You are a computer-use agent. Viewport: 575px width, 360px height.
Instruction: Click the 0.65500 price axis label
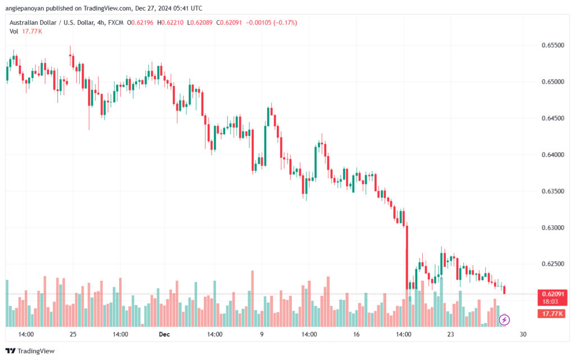point(553,45)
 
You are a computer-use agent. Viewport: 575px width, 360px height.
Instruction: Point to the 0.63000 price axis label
point(553,227)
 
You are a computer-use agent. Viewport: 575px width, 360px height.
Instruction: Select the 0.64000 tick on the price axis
point(553,154)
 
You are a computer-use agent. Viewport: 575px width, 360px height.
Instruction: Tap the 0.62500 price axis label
point(553,264)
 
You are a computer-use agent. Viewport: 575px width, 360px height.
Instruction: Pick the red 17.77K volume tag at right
point(552,314)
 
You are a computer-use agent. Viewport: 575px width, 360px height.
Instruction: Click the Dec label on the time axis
point(165,334)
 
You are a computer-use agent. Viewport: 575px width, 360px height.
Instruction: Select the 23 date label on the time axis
point(450,334)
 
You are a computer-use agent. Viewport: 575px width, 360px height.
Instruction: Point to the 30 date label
point(523,334)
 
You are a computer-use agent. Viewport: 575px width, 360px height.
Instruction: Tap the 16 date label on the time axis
point(356,334)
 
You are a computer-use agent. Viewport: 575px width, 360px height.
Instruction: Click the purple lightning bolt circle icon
point(504,320)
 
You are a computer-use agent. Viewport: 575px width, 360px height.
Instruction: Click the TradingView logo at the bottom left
point(30,351)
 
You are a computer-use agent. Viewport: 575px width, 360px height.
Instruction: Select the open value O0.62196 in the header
point(140,22)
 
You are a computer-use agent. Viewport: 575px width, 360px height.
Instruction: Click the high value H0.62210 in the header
point(170,22)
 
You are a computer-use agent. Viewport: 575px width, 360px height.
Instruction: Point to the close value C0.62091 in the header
point(229,22)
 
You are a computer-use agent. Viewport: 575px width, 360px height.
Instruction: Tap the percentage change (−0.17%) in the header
point(285,22)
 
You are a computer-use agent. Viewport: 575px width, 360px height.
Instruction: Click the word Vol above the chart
point(14,31)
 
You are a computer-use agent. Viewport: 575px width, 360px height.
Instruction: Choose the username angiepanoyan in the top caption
point(25,8)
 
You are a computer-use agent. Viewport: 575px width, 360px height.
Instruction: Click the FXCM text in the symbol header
point(116,22)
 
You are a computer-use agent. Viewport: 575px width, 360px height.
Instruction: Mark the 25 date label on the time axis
point(73,334)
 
